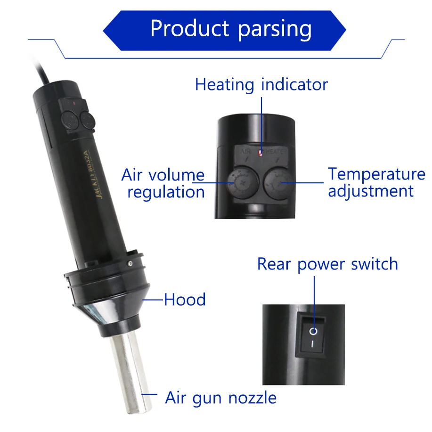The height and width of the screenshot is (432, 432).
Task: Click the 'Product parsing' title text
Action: (x=230, y=29)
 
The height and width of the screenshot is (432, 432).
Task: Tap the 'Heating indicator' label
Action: (x=261, y=85)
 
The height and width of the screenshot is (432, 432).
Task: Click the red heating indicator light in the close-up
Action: (x=261, y=153)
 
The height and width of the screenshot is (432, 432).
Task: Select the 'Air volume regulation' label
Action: (x=163, y=183)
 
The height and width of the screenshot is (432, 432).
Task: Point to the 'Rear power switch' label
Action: (x=327, y=264)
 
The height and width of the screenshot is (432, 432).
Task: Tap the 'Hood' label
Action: (x=185, y=300)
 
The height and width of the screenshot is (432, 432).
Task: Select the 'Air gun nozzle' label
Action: (x=220, y=398)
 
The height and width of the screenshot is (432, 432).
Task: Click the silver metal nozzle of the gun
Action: (x=128, y=372)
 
